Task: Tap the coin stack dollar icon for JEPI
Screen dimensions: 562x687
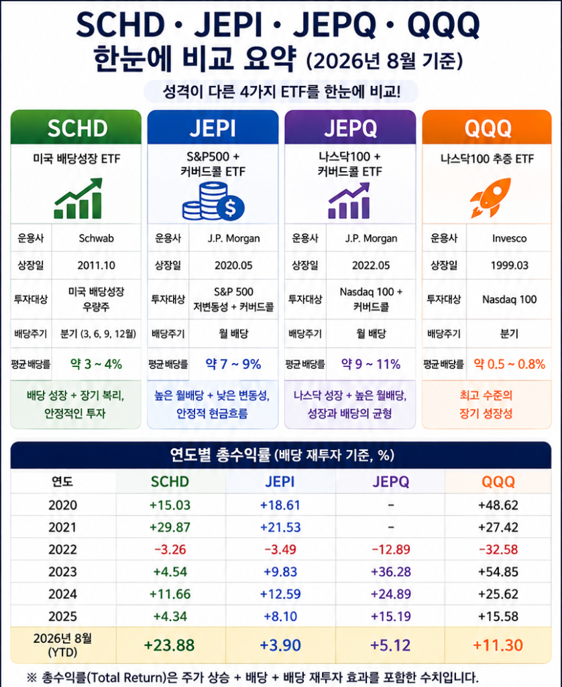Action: tap(213, 201)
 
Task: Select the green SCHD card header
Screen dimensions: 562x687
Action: tap(76, 127)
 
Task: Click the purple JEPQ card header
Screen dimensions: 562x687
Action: tap(350, 127)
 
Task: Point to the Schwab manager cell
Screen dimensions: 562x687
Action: tap(97, 238)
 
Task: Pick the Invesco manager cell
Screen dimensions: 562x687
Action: tap(509, 238)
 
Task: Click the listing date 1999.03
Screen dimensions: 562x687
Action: tap(509, 265)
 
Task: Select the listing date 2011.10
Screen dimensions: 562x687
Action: tap(97, 265)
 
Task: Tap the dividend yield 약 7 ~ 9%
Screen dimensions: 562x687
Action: tap(233, 364)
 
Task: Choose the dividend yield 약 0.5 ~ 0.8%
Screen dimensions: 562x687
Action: tap(510, 364)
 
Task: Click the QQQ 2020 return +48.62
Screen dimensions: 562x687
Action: tap(498, 505)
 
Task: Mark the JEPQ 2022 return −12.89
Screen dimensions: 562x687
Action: tap(391, 549)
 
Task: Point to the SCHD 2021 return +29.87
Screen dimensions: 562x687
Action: tap(170, 527)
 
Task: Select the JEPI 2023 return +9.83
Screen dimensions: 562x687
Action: tap(280, 572)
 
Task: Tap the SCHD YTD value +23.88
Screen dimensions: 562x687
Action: tap(169, 645)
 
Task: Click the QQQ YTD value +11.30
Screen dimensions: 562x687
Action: tap(498, 645)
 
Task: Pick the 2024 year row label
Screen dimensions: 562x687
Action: tap(62, 594)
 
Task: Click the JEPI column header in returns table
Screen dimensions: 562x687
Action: tap(280, 482)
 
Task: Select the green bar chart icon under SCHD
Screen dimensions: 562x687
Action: tap(78, 199)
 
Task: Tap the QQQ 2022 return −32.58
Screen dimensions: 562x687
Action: tap(498, 549)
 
